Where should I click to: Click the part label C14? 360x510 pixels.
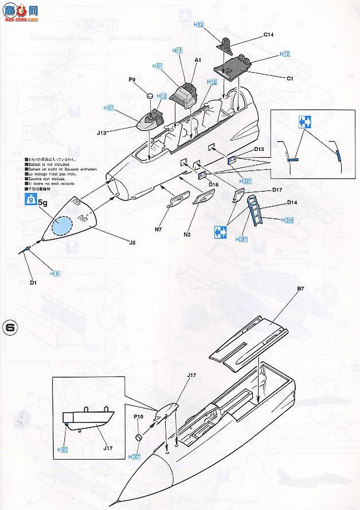tap(268, 34)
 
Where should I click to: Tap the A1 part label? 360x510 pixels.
tap(197, 59)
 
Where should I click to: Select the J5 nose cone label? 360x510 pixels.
tap(132, 242)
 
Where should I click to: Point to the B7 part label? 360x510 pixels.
tap(300, 297)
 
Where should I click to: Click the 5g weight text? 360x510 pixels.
tap(42, 202)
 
